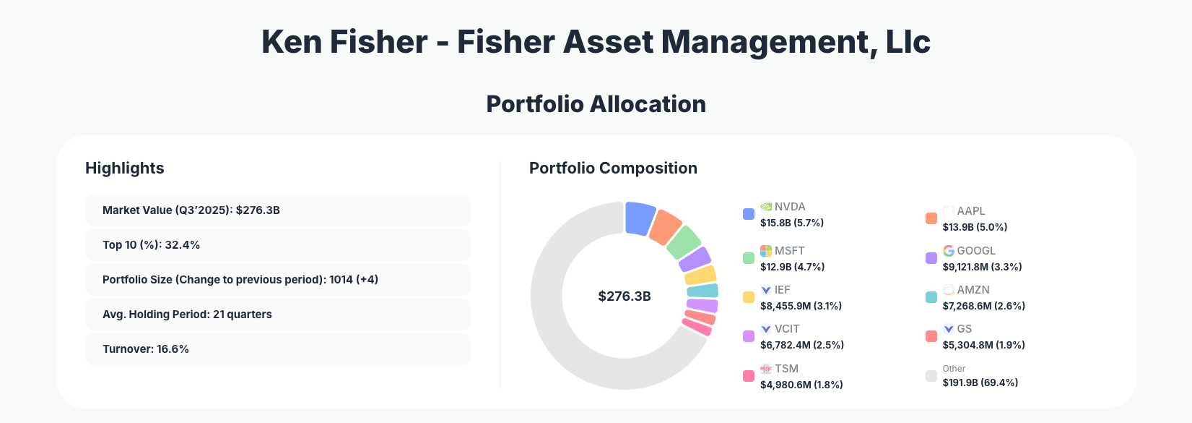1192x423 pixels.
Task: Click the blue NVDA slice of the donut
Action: pos(639,218)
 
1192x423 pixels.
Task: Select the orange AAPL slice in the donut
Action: pos(665,227)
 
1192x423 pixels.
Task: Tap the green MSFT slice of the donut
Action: pos(684,242)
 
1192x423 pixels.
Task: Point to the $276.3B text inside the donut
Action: pos(625,296)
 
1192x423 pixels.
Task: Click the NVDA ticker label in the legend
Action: pos(790,207)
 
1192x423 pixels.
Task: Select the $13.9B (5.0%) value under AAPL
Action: pos(975,227)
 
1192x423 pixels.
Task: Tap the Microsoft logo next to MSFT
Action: pos(766,251)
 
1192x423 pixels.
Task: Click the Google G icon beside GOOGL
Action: pos(949,251)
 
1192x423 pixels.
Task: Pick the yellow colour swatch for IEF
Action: pos(749,297)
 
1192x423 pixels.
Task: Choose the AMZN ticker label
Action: pos(973,290)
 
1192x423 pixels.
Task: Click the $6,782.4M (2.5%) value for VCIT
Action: pos(802,345)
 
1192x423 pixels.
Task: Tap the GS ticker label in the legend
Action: pos(965,329)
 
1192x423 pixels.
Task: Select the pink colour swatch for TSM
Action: pos(749,376)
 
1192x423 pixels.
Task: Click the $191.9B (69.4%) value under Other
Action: pos(980,383)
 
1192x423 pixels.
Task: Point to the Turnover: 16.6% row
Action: pos(277,349)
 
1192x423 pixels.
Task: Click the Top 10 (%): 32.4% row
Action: pos(277,245)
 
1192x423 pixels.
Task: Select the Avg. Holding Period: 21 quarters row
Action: pos(277,315)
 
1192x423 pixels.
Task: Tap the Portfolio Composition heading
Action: pos(613,168)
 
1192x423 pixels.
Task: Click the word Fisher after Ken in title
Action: pos(379,42)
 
